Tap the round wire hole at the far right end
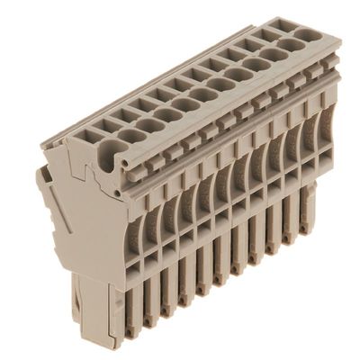(309, 36)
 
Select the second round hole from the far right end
(290, 45)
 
